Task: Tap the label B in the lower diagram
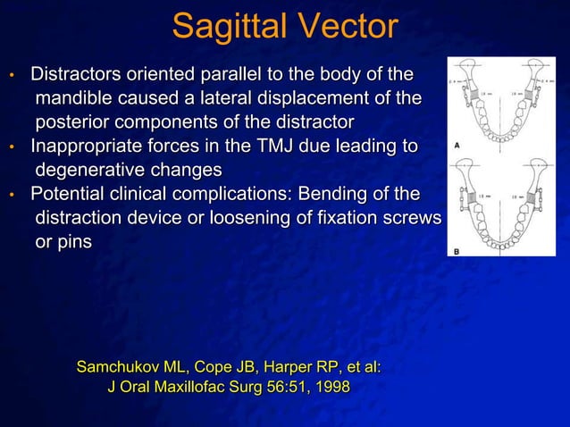tap(456, 252)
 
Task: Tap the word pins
tap(73, 242)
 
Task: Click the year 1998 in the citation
tap(331, 388)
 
